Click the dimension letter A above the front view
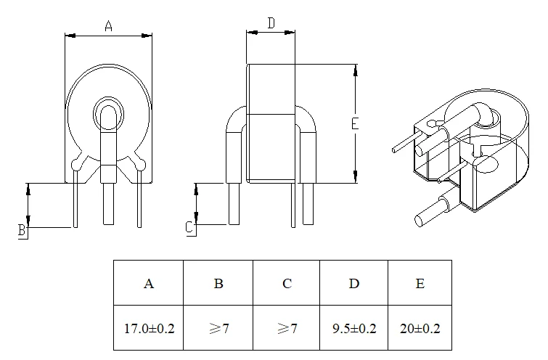pyautogui.click(x=108, y=27)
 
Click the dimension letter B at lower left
pyautogui.click(x=23, y=230)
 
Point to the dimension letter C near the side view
pyautogui.click(x=189, y=227)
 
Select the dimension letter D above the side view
pyautogui.click(x=270, y=23)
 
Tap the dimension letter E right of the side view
pyautogui.click(x=354, y=124)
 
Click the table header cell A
pyautogui.click(x=149, y=283)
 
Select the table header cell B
pyautogui.click(x=218, y=283)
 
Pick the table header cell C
pyautogui.click(x=287, y=283)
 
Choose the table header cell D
pyautogui.click(x=354, y=283)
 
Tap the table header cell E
pyautogui.click(x=420, y=283)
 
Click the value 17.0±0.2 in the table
pyautogui.click(x=149, y=328)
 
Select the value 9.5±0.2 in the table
pyautogui.click(x=354, y=328)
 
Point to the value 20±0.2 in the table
pyautogui.click(x=420, y=328)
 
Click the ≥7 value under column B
pyautogui.click(x=218, y=328)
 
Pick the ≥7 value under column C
pyautogui.click(x=287, y=328)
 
